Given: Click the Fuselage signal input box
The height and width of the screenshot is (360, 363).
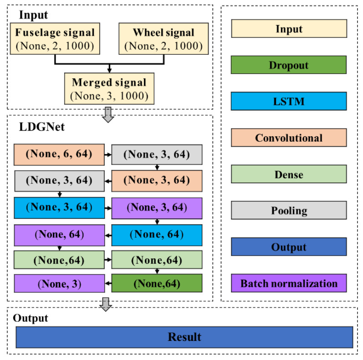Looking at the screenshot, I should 55,39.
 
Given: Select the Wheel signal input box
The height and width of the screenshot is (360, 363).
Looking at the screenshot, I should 164,39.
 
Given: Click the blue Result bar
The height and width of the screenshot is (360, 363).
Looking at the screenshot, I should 184,337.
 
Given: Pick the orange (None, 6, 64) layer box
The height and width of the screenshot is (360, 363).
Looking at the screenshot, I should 59,154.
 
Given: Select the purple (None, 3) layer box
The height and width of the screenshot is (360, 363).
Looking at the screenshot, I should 59,284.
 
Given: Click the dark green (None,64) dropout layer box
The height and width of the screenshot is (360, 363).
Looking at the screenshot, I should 157,283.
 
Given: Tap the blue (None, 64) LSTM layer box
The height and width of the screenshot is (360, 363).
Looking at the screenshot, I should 157,235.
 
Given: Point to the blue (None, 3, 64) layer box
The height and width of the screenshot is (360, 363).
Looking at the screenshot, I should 59,208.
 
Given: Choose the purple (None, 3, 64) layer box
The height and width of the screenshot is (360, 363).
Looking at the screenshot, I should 157,208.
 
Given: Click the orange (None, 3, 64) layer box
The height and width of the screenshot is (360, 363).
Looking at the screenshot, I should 157,180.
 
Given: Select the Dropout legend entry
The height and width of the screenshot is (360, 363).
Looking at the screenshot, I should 288,65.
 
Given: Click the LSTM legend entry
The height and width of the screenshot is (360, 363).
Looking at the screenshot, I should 288,101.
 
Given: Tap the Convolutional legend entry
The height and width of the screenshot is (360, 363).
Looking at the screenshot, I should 288,138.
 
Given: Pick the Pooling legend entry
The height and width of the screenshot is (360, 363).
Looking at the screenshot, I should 288,211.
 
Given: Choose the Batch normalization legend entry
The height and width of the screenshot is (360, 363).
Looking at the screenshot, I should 288,283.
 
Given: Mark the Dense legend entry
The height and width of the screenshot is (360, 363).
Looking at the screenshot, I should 288,174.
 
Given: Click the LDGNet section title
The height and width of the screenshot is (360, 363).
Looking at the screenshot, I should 41,127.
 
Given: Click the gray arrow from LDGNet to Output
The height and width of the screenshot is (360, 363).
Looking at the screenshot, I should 106,304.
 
